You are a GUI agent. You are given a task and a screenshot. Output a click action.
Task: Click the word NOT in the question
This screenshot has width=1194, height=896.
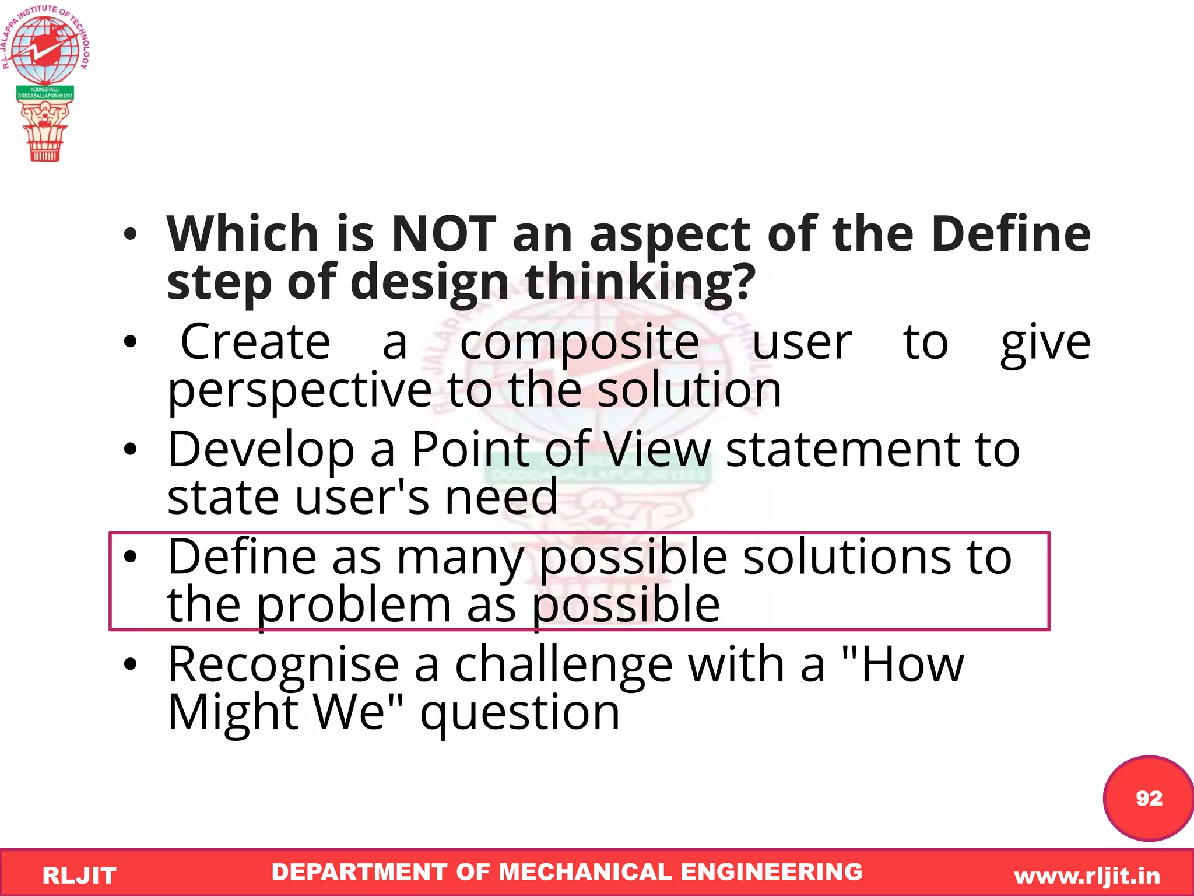click(443, 234)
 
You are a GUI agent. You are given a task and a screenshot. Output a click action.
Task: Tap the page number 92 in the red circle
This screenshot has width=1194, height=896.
click(1149, 798)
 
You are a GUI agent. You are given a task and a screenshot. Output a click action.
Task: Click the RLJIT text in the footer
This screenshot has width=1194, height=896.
click(79, 876)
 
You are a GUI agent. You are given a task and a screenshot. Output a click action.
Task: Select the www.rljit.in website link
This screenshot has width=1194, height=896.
click(1087, 876)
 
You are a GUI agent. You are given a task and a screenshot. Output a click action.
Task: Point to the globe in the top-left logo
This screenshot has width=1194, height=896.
click(45, 50)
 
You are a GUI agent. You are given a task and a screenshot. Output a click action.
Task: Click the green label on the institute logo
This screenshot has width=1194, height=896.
click(45, 93)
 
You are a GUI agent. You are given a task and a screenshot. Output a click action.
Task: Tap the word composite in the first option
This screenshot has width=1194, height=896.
click(580, 342)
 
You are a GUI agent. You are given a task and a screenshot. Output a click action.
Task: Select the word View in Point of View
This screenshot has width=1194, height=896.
click(657, 449)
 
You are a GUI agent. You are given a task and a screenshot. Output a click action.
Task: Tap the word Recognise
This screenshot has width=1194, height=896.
click(283, 665)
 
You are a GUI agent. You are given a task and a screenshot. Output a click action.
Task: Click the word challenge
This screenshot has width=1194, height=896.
click(563, 665)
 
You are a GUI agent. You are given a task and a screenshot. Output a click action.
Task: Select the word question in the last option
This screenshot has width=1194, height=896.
click(519, 714)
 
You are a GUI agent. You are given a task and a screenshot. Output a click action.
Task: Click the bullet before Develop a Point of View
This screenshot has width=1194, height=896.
click(131, 449)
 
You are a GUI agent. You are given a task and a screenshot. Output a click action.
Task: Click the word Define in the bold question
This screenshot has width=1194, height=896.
click(1010, 234)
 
